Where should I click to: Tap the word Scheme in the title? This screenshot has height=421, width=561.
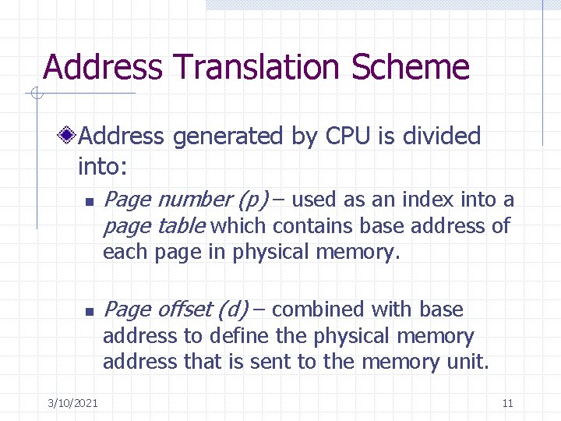[411, 68]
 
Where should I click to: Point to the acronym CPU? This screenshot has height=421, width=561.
[348, 136]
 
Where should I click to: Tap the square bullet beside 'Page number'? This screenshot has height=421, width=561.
[89, 202]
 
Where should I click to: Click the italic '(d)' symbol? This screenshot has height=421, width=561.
[233, 310]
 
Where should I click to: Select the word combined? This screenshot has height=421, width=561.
[319, 310]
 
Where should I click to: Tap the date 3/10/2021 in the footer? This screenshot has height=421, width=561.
[72, 403]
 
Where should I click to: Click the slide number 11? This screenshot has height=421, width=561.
[508, 403]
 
